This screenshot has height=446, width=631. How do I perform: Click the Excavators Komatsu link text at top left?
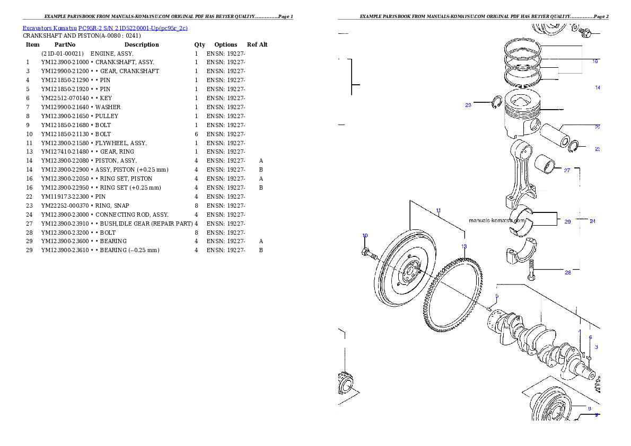pyautogui.click(x=104, y=28)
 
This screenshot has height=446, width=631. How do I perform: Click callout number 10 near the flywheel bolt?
pyautogui.click(x=365, y=236)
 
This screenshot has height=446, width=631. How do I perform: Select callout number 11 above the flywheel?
pyautogui.click(x=439, y=211)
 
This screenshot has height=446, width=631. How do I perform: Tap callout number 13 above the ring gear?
pyautogui.click(x=464, y=246)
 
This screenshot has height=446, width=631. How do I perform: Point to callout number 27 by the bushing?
pyautogui.click(x=567, y=171)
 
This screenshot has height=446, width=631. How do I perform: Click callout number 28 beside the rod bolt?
pyautogui.click(x=568, y=273)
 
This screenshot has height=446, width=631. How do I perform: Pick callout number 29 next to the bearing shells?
pyautogui.click(x=567, y=222)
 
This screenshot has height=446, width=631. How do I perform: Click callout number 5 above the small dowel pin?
pyautogui.click(x=497, y=296)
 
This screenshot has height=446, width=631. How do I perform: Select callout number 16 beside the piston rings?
pyautogui.click(x=595, y=61)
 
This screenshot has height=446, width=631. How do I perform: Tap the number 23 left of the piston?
pyautogui.click(x=468, y=105)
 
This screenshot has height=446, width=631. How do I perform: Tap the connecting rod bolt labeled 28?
pyautogui.click(x=532, y=273)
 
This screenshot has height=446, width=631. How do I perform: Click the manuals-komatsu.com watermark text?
pyautogui.click(x=497, y=220)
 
